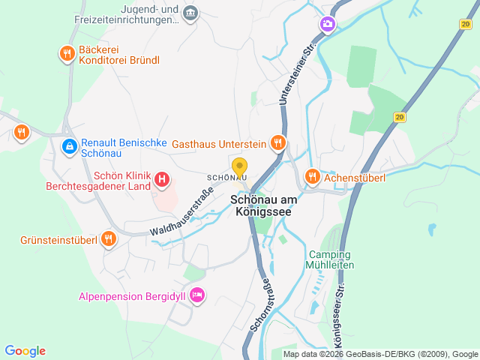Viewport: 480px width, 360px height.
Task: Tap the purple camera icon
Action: (327, 25)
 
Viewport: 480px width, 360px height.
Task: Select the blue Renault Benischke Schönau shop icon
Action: (69, 145)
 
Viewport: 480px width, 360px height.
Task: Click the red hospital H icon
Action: (162, 180)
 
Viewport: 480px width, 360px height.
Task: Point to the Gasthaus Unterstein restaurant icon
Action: (278, 142)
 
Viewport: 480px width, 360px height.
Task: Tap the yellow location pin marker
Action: (239, 168)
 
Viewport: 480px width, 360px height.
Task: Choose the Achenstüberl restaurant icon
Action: (313, 177)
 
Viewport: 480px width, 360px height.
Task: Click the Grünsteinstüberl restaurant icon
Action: (109, 240)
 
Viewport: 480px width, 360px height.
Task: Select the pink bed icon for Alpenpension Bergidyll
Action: (197, 295)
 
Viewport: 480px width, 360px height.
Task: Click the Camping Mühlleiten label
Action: (330, 259)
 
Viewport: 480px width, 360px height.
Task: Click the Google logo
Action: (25, 351)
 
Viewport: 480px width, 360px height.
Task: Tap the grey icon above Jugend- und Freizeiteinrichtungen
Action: (190, 13)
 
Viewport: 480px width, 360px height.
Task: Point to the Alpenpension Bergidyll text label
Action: (132, 296)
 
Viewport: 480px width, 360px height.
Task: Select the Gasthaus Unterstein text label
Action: (219, 143)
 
